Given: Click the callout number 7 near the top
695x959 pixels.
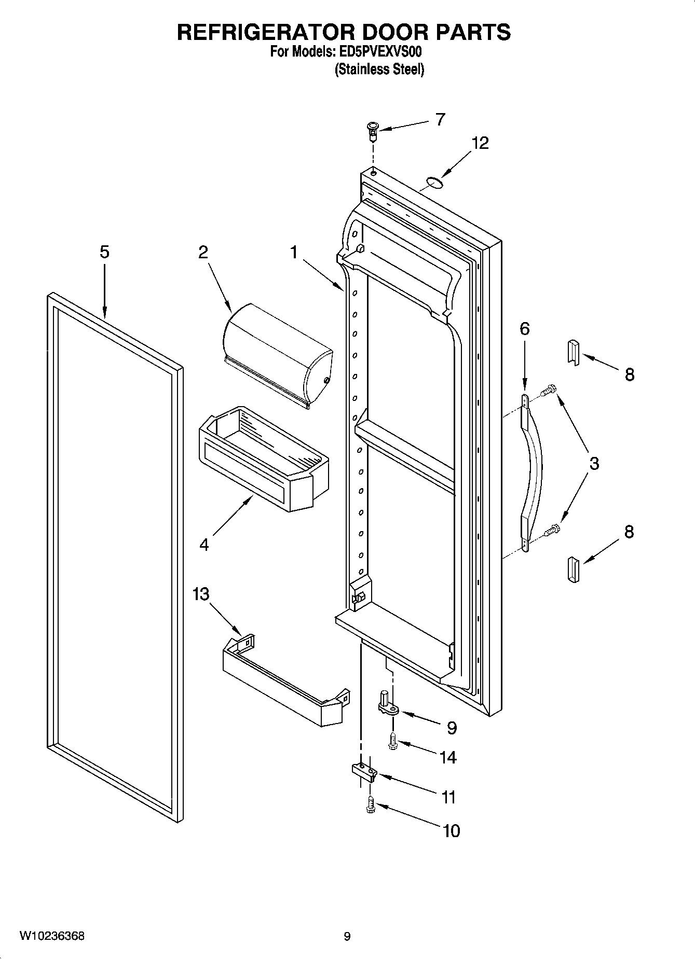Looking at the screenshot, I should pos(440,120).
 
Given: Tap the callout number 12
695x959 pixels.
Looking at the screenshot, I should pos(480,143).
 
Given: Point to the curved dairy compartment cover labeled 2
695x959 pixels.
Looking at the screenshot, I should pos(278,352).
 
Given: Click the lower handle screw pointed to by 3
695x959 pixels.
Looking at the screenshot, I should pos(551,530).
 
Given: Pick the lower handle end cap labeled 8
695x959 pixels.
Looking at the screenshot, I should pos(573,570).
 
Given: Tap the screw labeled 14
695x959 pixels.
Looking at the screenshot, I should pos(392,741).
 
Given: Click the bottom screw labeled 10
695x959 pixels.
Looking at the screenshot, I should pos(370,804).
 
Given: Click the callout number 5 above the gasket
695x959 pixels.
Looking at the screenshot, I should pos(104,253).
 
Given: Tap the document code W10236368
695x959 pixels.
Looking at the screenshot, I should pos(52,936).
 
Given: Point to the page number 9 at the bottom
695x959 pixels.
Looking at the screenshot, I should pos(347,936).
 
